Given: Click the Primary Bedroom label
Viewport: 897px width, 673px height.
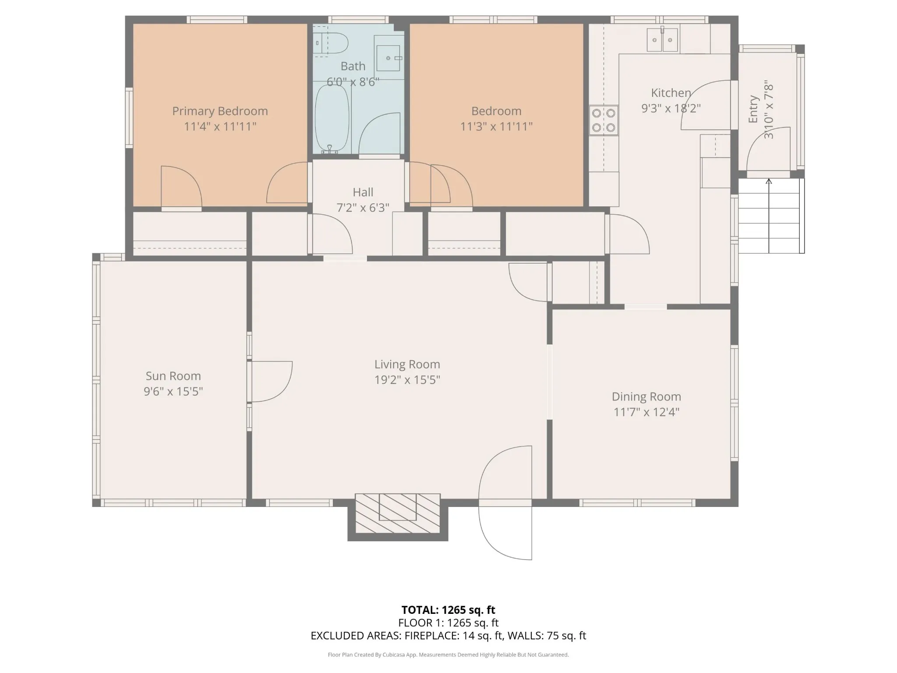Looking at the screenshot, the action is pos(220,111).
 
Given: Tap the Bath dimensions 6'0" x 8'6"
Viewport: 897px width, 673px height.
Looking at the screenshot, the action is pos(353,82).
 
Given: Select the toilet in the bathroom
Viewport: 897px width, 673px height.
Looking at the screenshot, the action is pos(331,43).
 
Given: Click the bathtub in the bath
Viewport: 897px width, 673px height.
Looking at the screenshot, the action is pos(332,118).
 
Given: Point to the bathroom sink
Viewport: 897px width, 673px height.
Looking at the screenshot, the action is pos(388,58).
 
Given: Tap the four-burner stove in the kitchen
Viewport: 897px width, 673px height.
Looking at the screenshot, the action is pos(604,120).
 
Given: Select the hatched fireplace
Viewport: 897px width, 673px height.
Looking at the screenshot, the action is pos(397,514).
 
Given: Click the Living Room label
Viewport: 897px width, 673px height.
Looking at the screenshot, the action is pos(407,365).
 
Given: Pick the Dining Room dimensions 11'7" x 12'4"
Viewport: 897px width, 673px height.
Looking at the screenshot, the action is pos(646,412).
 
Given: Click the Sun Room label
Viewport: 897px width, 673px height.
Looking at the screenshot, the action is pos(173,376).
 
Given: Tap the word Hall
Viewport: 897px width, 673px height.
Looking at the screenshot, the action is pos(363,192).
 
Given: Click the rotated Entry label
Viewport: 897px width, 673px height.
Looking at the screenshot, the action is pos(753,109).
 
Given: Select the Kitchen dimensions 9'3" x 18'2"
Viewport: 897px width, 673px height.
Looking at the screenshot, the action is pos(671,108).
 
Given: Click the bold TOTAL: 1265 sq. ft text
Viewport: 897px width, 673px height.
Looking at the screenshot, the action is pos(448,610).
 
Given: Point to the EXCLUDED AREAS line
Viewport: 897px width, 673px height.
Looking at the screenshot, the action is pos(448,636).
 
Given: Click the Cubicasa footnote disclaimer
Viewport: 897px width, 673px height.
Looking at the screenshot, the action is pos(448,655).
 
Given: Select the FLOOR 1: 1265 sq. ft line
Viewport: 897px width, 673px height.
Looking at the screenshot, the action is pos(448,623).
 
